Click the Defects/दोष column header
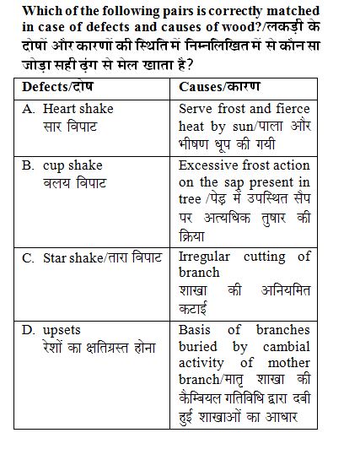[57, 87]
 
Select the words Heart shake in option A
[78, 109]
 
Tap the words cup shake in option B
[73, 165]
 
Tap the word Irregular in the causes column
[206, 257]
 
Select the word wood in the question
[282, 27]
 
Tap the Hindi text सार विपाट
[70, 126]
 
